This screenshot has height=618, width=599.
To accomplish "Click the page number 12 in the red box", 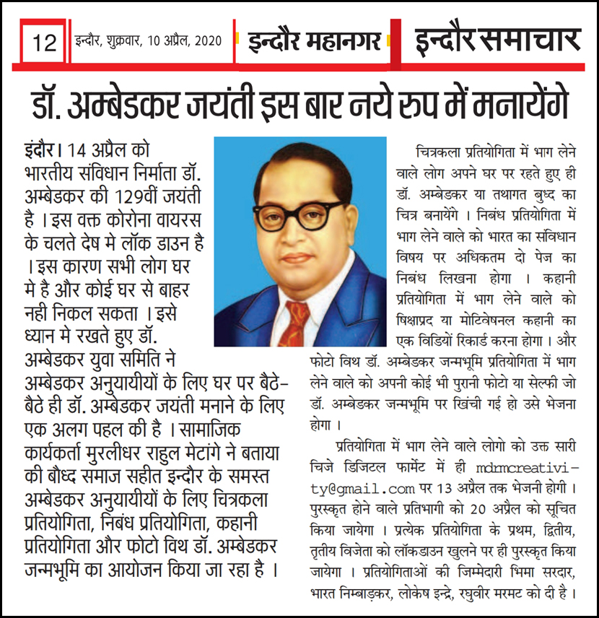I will [45, 43].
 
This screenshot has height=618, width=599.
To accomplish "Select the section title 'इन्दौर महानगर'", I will [314, 40].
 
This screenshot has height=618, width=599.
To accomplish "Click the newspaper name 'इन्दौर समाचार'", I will [497, 40].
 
